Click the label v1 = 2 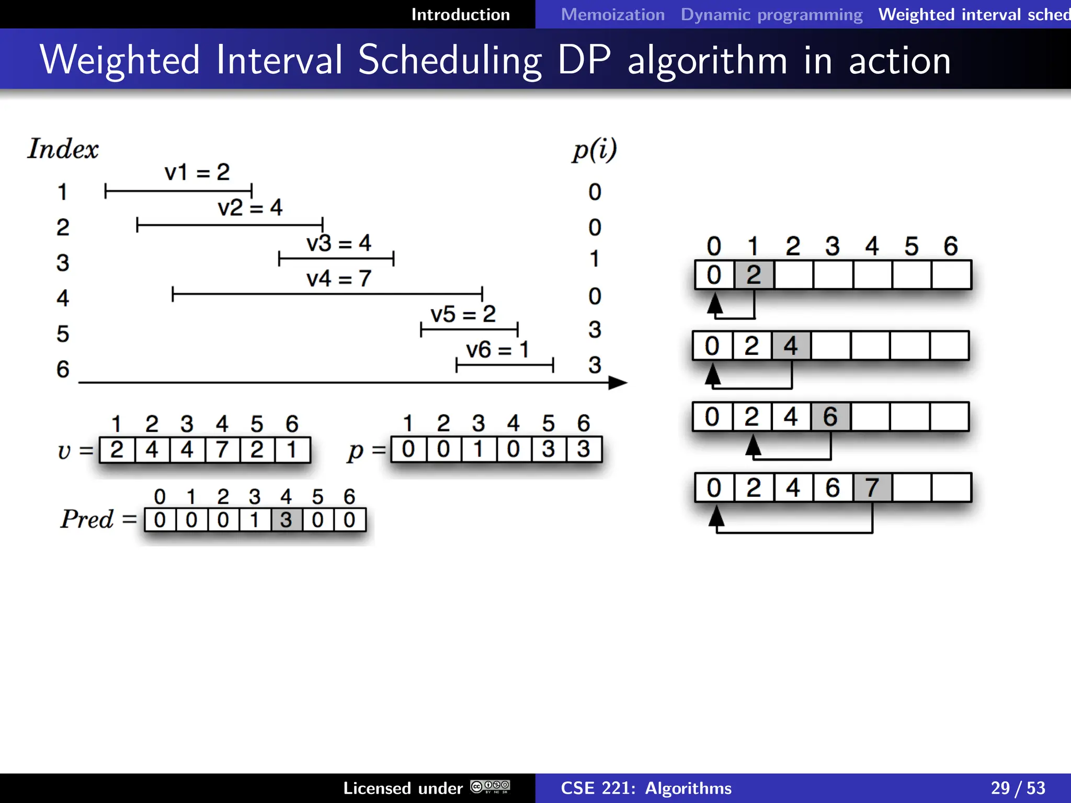click(197, 172)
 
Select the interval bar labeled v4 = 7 click(327, 294)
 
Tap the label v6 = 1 click(497, 349)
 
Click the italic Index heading click(63, 149)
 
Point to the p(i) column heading click(594, 150)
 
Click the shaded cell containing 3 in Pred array click(286, 520)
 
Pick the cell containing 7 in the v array click(222, 450)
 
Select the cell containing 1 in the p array click(478, 450)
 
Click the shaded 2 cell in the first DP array click(754, 275)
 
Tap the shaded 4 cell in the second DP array click(791, 346)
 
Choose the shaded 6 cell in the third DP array click(830, 417)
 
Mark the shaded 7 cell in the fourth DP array click(872, 488)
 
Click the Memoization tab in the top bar click(612, 15)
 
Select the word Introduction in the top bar click(460, 15)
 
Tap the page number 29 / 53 click(1017, 788)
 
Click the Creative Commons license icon click(490, 787)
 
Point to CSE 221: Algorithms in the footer click(646, 788)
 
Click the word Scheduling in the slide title click(450, 61)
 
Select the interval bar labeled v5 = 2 click(469, 329)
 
